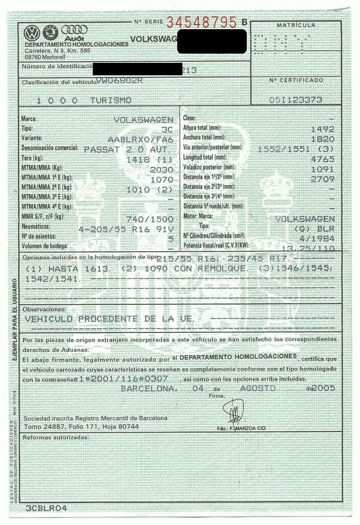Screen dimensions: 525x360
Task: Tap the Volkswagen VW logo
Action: click(x=31, y=32)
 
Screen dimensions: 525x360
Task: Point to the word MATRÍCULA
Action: click(x=296, y=25)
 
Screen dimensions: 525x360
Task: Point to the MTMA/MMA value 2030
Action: click(x=161, y=170)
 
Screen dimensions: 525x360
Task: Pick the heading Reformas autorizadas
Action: click(x=56, y=437)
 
